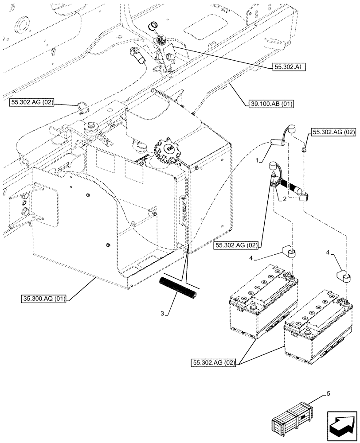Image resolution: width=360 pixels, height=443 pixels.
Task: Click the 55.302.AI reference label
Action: pyautogui.click(x=288, y=67)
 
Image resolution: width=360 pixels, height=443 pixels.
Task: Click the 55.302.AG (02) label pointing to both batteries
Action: pyautogui.click(x=214, y=363)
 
